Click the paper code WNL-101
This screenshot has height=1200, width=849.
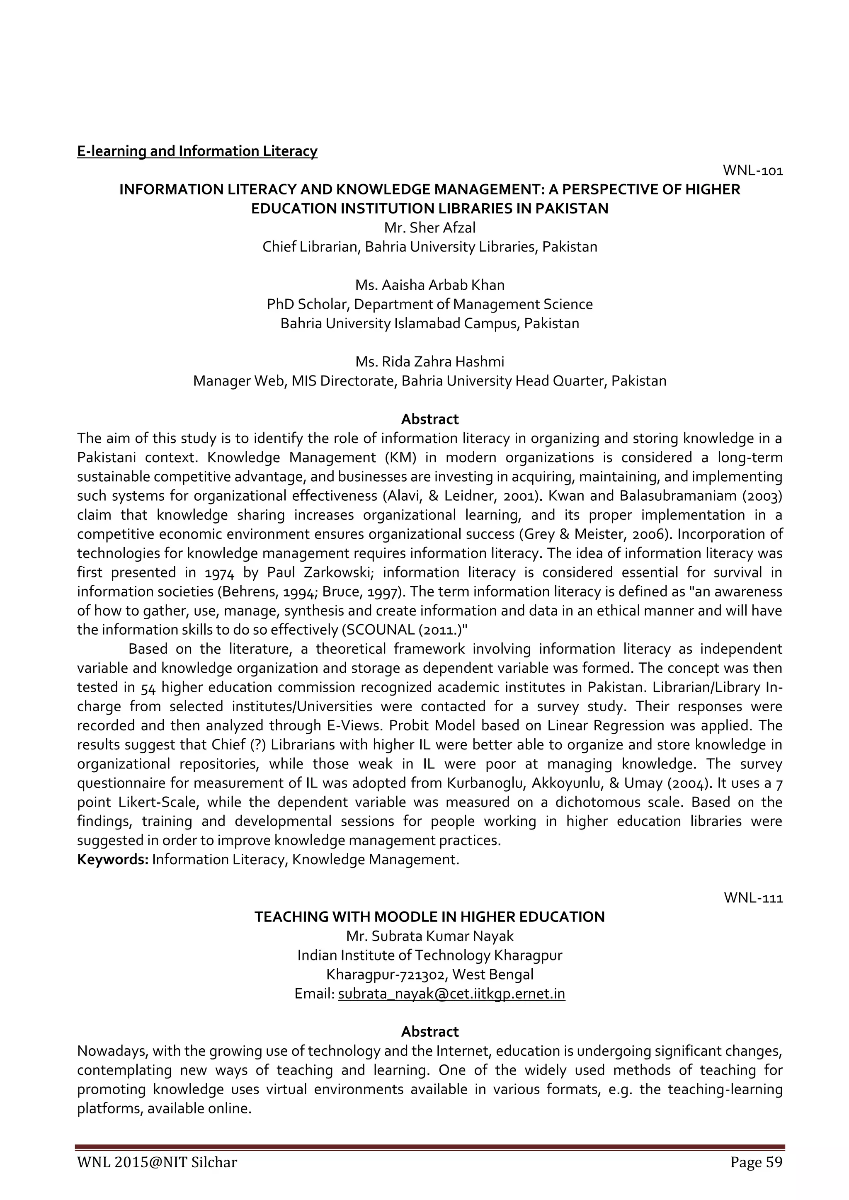coord(752,170)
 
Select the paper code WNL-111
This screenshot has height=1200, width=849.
coord(753,898)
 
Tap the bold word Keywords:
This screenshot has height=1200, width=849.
coord(113,860)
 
